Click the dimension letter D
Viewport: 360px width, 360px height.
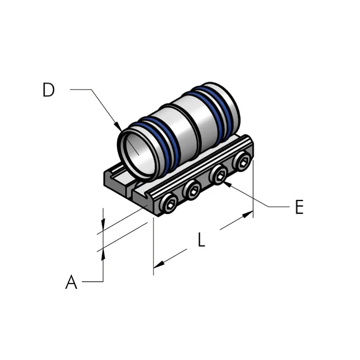pos(49,90)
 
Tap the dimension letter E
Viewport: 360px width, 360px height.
pos(299,207)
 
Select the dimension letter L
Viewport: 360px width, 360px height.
pos(201,240)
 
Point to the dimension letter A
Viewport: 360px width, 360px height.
pos(71,282)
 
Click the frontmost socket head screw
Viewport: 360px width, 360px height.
pos(169,204)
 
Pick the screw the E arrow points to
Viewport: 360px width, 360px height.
pos(218,175)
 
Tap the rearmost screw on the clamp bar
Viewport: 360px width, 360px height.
pos(242,161)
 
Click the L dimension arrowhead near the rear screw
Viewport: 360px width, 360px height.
pos(248,214)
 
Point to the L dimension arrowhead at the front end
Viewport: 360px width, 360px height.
pos(159,265)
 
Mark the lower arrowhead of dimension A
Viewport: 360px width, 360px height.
pos(103,254)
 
